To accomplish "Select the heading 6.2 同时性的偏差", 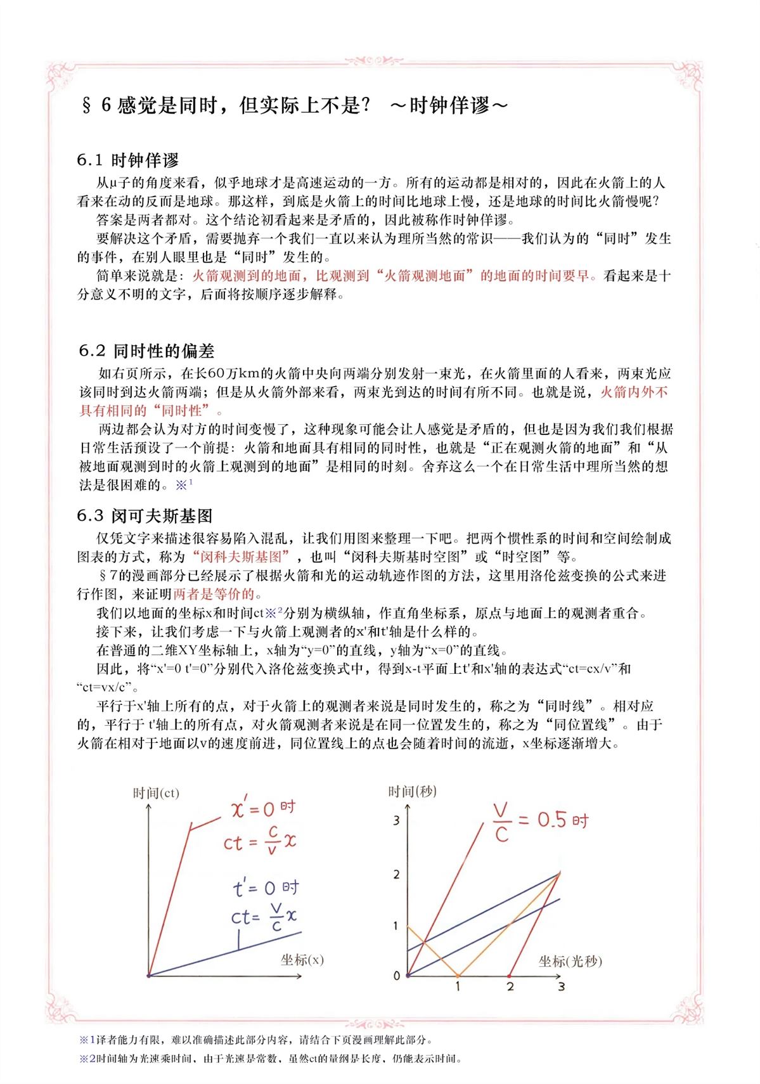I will pos(146,351).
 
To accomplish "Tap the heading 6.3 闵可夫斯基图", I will pos(145,515).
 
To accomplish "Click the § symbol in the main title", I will pos(87,105).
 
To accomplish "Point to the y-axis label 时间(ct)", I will pos(156,793).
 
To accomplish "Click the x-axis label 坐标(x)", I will pos(302,959).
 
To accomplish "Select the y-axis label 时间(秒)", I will pos(413,791).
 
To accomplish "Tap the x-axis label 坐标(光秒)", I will pos(570,961).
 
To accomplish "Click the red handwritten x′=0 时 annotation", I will pos(263,808).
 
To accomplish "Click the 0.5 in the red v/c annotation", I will pos(551,820).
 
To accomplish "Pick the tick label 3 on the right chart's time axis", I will pos(397,820).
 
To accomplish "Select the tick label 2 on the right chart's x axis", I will pos(510,986).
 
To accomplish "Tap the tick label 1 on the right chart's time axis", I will pos(396,926).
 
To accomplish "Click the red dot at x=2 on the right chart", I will pos(510,976).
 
